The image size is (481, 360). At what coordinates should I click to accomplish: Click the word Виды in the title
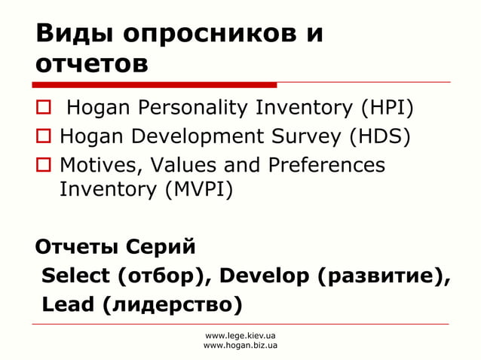click(x=69, y=35)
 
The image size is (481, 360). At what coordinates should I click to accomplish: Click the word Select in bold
click(x=76, y=276)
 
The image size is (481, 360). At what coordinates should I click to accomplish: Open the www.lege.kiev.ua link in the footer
click(x=240, y=334)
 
